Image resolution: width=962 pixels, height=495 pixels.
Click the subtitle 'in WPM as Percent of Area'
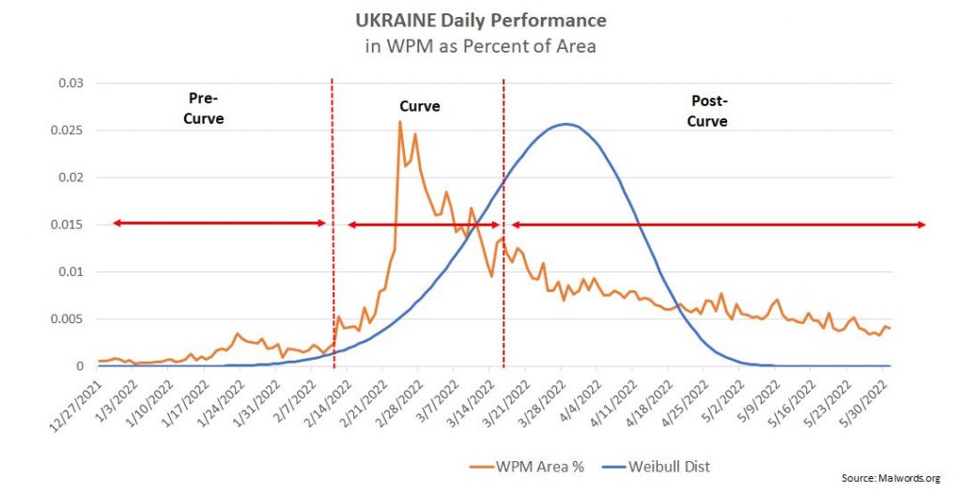click(480, 45)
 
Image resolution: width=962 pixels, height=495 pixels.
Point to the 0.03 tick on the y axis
click(71, 84)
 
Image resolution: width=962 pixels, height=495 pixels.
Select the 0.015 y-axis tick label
click(69, 224)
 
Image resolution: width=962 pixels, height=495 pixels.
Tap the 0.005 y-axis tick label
click(69, 319)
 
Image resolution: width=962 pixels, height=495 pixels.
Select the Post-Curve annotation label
click(708, 110)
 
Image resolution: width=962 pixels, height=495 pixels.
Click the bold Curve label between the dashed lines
click(420, 107)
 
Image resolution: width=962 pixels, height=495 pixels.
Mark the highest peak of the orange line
click(400, 122)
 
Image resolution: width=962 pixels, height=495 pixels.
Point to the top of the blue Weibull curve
click(566, 124)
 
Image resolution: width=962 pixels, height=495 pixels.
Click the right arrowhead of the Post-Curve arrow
click(924, 224)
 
